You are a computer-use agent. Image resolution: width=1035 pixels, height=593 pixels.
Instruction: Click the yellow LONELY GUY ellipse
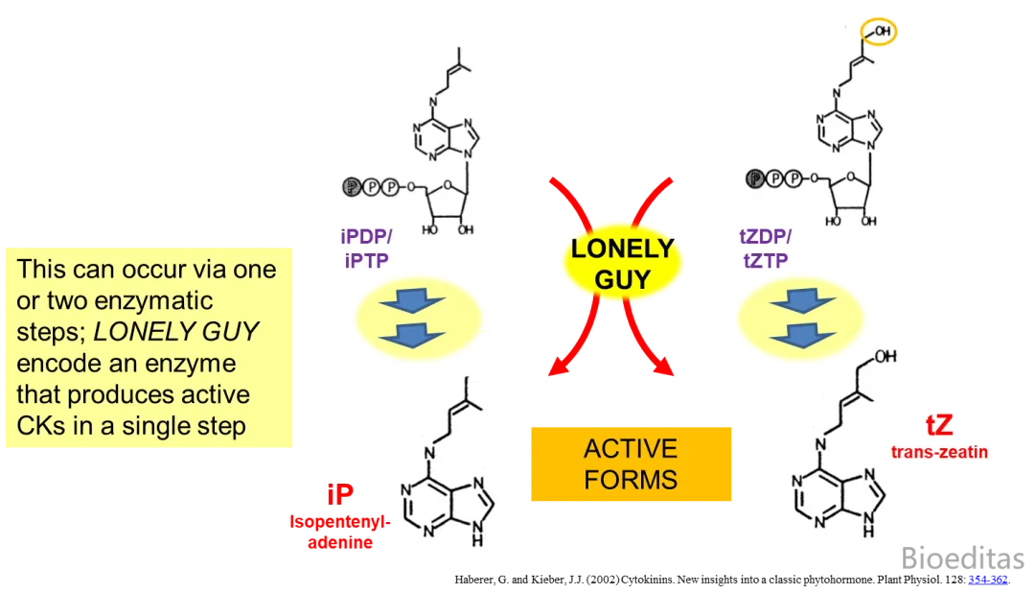[x=622, y=262]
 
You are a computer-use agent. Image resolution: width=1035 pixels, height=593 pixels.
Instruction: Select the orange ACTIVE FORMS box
[x=631, y=464]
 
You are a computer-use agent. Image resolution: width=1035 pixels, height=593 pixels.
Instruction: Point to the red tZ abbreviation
[x=938, y=427]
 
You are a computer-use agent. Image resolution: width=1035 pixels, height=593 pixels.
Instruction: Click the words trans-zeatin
[x=939, y=451]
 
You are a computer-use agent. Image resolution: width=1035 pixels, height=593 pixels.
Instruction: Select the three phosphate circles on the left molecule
[x=369, y=186]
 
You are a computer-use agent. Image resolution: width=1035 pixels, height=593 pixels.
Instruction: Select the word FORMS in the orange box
[x=631, y=480]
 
